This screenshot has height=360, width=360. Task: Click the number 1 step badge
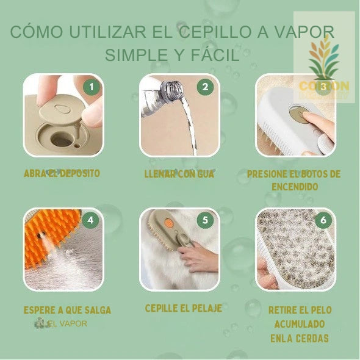click(x=92, y=87)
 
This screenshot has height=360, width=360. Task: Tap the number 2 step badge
click(x=205, y=87)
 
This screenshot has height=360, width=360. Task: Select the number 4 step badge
click(x=92, y=221)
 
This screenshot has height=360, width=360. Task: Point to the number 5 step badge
click(x=205, y=221)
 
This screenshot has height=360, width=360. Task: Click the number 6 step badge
click(x=323, y=221)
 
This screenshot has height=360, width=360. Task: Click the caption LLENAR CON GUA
click(x=179, y=174)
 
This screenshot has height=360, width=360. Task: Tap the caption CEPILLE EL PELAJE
click(x=183, y=308)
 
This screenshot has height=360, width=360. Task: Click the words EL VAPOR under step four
click(x=68, y=323)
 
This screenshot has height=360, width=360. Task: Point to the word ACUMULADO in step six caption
click(x=299, y=324)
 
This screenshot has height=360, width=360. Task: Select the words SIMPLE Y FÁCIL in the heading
click(x=172, y=55)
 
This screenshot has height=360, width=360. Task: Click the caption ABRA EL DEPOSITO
click(x=62, y=173)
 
